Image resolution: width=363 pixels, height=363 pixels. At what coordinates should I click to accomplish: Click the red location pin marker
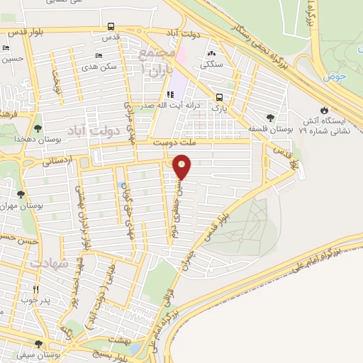183,167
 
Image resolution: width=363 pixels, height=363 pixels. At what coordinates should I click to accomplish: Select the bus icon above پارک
219,98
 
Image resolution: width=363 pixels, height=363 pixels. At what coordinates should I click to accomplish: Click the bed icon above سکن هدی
99,54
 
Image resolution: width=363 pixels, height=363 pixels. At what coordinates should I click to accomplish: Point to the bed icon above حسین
6,48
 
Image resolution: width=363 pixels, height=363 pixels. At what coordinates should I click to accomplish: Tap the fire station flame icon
324,110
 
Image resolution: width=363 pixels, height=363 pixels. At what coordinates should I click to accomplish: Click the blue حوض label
337,75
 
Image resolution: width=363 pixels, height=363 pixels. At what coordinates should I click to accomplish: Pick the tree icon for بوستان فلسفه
269,118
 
